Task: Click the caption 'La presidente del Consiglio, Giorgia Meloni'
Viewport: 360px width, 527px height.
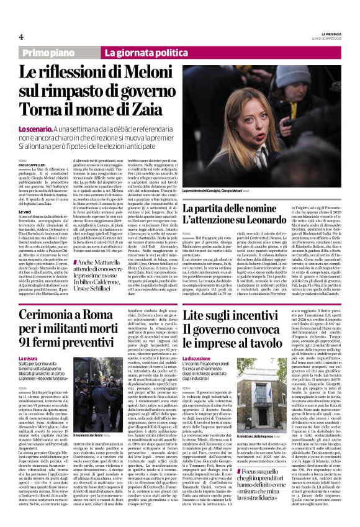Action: (218, 190)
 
